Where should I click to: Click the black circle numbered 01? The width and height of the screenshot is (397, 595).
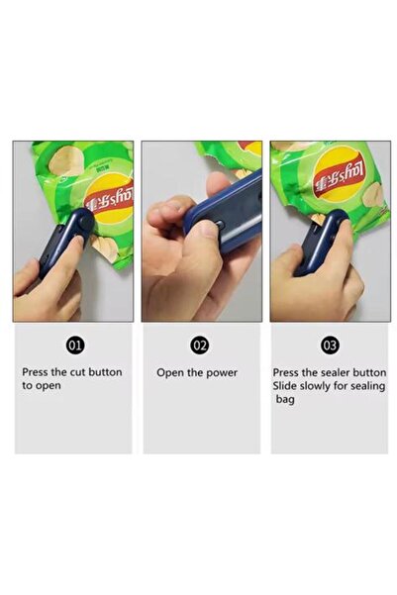pos(76,345)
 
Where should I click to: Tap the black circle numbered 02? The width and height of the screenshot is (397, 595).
pos(200,345)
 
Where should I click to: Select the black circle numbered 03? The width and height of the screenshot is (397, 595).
pos(330,345)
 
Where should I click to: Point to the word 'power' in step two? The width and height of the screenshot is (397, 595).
pos(222,373)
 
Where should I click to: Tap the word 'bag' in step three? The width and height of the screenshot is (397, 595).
pos(285,400)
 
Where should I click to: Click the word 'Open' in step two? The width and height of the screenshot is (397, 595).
pos(170,373)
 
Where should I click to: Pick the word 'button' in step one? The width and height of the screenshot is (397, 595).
pos(105,372)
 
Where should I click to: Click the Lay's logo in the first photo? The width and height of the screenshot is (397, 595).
pos(110,198)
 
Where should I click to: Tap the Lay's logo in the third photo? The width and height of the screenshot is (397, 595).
pos(339,175)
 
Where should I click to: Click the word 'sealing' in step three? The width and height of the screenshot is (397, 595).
pos(367,387)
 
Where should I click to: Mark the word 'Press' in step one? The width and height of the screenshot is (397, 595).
pos(36,372)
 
